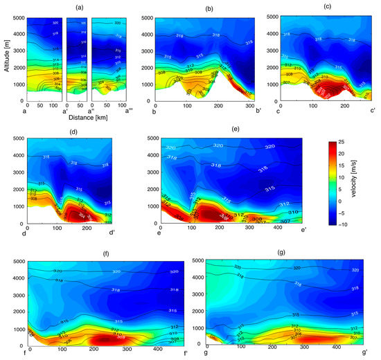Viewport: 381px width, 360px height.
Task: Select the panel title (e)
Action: [x=236, y=129]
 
